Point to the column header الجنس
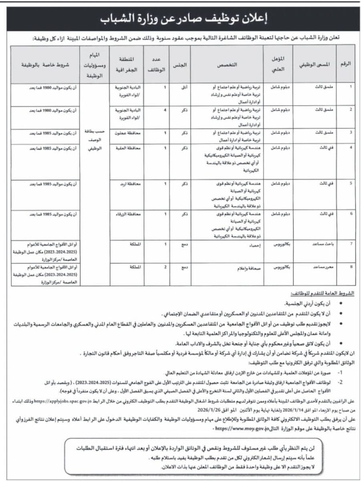click(179, 64)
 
